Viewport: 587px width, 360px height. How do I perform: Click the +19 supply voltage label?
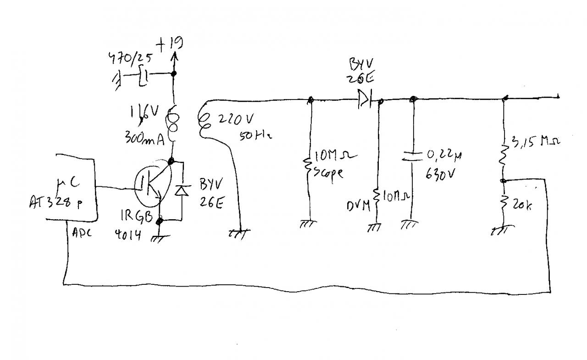point(169,44)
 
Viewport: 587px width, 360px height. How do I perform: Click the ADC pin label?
point(82,233)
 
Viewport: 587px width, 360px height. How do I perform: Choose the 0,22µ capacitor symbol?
point(411,156)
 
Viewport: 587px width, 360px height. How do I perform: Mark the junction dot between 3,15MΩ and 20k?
point(503,181)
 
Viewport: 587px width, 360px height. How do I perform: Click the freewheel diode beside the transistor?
point(182,191)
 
